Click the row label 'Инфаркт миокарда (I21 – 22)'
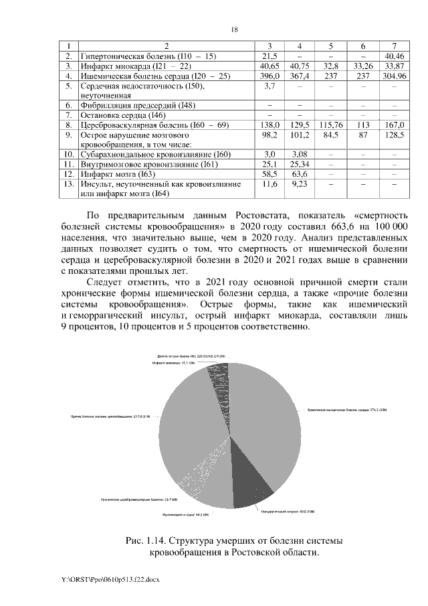136,67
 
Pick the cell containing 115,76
331,125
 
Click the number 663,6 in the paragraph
328,228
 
